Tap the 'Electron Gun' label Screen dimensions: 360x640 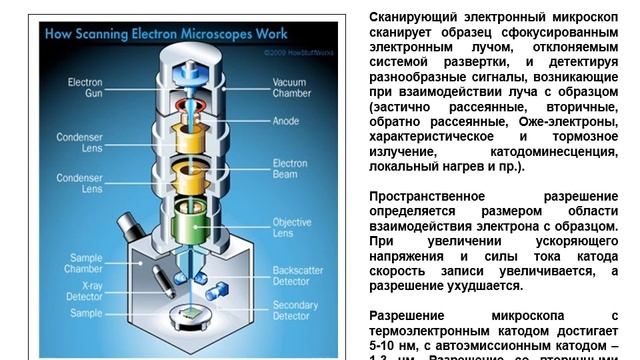coord(84,87)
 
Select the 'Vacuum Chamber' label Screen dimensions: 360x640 coord(291,87)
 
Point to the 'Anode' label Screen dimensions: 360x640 coord(285,122)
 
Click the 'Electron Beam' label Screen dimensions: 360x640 coord(290,168)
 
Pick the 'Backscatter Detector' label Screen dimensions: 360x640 coord(297,276)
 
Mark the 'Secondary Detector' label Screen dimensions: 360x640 coord(295,310)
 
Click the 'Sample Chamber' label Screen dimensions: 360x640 coord(84,263)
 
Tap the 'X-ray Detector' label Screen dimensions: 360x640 coord(84,291)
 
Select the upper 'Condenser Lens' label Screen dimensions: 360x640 coord(79,143)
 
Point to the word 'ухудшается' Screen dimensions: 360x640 coord(487,285)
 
